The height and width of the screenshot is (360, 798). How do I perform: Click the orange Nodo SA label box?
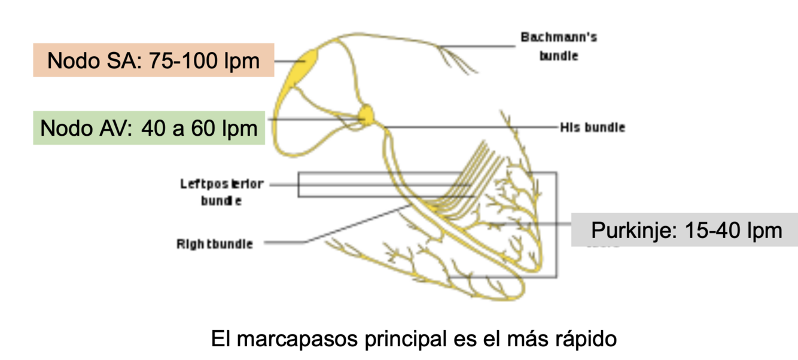tap(153, 60)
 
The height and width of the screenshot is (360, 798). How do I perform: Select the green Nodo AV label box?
tap(149, 128)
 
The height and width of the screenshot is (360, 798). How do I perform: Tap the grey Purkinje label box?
tap(684, 230)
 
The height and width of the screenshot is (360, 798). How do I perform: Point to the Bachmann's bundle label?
tap(558, 47)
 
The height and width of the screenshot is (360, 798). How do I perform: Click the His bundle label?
tap(592, 127)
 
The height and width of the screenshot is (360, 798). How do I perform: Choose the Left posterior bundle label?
tap(222, 192)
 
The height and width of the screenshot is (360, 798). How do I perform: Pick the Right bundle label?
tap(214, 244)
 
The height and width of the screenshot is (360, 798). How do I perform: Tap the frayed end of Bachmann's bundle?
tap(464, 62)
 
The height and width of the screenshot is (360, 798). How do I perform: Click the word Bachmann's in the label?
tap(558, 38)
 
